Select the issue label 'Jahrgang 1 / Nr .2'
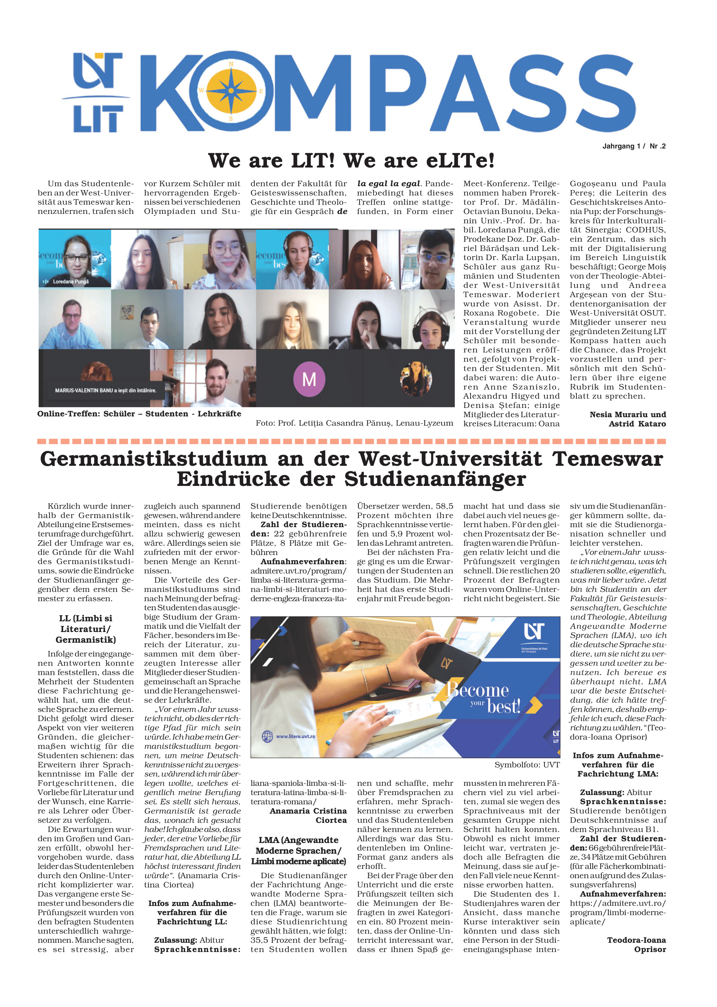634,146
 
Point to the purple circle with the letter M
309,379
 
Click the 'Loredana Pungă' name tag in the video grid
70,281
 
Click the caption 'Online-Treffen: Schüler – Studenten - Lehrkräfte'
139,414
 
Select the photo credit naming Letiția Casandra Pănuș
354,423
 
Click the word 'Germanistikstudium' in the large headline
154,459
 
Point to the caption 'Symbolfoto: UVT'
526,765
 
